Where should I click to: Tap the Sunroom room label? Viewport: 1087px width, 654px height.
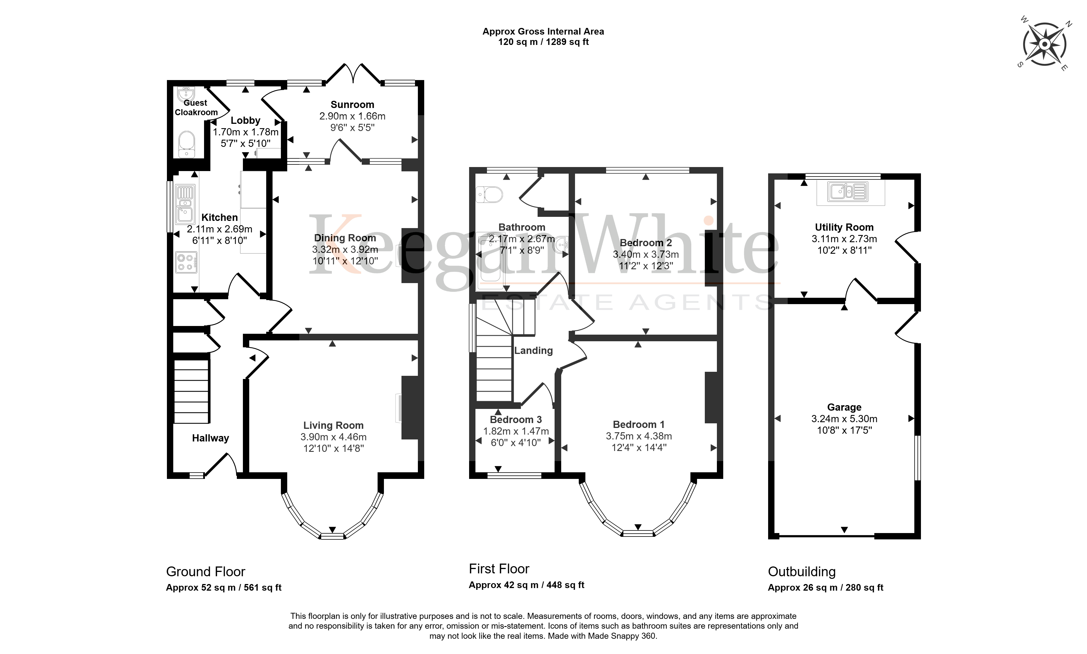352,105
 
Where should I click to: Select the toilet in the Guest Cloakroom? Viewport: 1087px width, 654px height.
187,144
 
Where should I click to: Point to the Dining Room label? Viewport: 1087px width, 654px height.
345,238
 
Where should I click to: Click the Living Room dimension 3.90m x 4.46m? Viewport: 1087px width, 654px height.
334,437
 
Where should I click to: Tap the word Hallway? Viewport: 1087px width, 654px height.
211,438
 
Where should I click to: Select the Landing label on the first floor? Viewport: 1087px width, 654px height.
533,350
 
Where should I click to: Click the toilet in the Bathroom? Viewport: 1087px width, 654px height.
489,194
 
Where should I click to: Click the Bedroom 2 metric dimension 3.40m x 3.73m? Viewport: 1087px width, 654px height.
646,254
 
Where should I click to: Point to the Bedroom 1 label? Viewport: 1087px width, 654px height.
639,424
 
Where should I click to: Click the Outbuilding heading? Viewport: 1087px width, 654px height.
802,572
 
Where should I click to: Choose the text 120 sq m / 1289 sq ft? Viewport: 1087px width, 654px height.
543,42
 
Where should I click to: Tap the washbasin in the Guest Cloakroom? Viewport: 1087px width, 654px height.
186,94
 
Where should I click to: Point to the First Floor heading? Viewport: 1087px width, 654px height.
499,569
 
